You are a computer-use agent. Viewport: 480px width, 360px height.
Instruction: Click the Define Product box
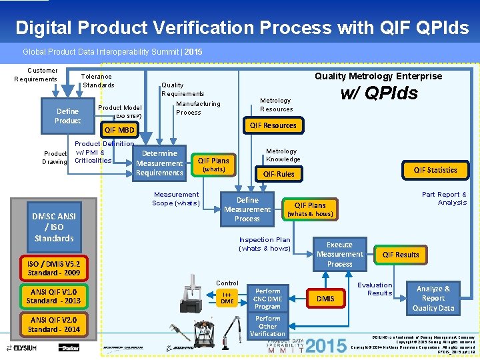click(67, 116)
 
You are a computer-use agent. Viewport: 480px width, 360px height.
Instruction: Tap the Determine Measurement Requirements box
click(159, 163)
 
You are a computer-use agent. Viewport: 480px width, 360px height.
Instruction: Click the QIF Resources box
click(273, 125)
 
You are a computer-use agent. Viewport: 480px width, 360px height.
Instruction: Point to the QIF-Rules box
click(279, 174)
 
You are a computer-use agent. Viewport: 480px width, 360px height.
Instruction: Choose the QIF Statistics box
click(435, 170)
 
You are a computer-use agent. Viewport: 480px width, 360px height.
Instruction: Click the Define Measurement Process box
click(247, 209)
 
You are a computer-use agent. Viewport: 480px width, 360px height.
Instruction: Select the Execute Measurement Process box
click(339, 255)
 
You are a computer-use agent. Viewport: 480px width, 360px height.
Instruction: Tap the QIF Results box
click(401, 255)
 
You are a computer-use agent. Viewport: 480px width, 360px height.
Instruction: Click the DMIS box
click(325, 299)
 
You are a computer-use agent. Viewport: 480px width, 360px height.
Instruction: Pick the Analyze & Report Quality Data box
click(433, 299)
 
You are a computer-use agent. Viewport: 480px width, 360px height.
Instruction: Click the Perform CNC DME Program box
click(268, 299)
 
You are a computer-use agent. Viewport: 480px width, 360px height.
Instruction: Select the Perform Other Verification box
click(268, 326)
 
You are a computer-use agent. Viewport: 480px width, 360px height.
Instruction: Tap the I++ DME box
click(227, 298)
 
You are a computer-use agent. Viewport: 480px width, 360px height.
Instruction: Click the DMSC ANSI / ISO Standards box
click(54, 227)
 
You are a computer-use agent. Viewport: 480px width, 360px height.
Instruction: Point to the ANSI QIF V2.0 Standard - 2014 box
click(53, 325)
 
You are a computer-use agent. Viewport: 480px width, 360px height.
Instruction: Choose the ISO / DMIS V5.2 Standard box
click(53, 268)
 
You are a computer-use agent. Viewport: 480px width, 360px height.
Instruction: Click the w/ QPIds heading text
click(379, 93)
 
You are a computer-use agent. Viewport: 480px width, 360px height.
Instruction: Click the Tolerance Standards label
click(97, 81)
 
